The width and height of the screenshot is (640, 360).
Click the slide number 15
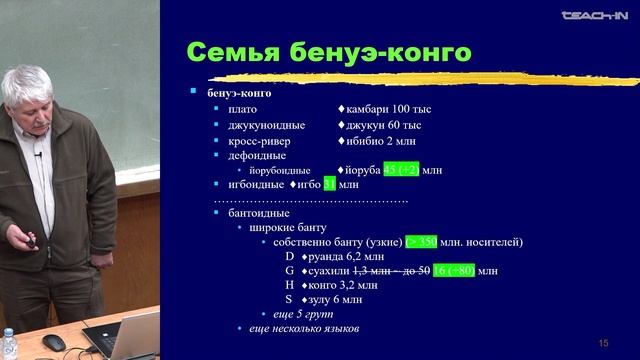603,342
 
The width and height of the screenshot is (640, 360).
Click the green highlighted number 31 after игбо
330,185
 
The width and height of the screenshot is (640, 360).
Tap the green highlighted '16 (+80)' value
455,271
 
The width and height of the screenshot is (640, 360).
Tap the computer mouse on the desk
54,342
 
